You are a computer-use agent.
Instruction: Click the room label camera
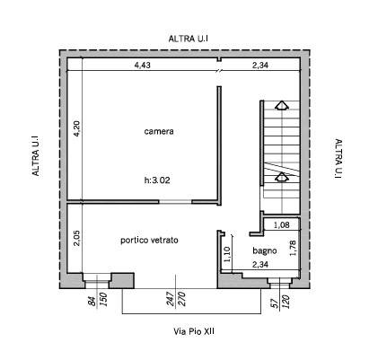[159, 131]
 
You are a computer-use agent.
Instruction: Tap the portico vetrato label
[149, 240]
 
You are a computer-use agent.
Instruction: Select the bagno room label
[265, 250]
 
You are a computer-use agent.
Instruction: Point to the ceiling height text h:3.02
[157, 180]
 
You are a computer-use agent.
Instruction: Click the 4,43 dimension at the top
[142, 66]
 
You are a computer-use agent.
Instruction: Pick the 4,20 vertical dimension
[76, 128]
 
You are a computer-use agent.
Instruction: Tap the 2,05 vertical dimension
[76, 238]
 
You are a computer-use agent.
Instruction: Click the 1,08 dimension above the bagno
[282, 224]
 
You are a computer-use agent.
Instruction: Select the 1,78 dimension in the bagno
[293, 248]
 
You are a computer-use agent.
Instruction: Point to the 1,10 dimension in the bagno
[227, 254]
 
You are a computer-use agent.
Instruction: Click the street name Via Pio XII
[194, 331]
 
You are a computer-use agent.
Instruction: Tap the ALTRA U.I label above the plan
[188, 39]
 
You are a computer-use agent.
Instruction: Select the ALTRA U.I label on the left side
[36, 156]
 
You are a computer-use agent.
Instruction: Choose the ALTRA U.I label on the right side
[338, 159]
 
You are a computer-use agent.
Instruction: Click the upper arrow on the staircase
[282, 105]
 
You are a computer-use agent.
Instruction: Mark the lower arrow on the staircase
[282, 177]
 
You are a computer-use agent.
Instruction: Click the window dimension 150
[103, 300]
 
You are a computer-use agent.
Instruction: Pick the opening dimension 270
[181, 299]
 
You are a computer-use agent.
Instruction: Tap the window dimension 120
[286, 302]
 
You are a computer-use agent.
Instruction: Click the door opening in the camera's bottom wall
[175, 202]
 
